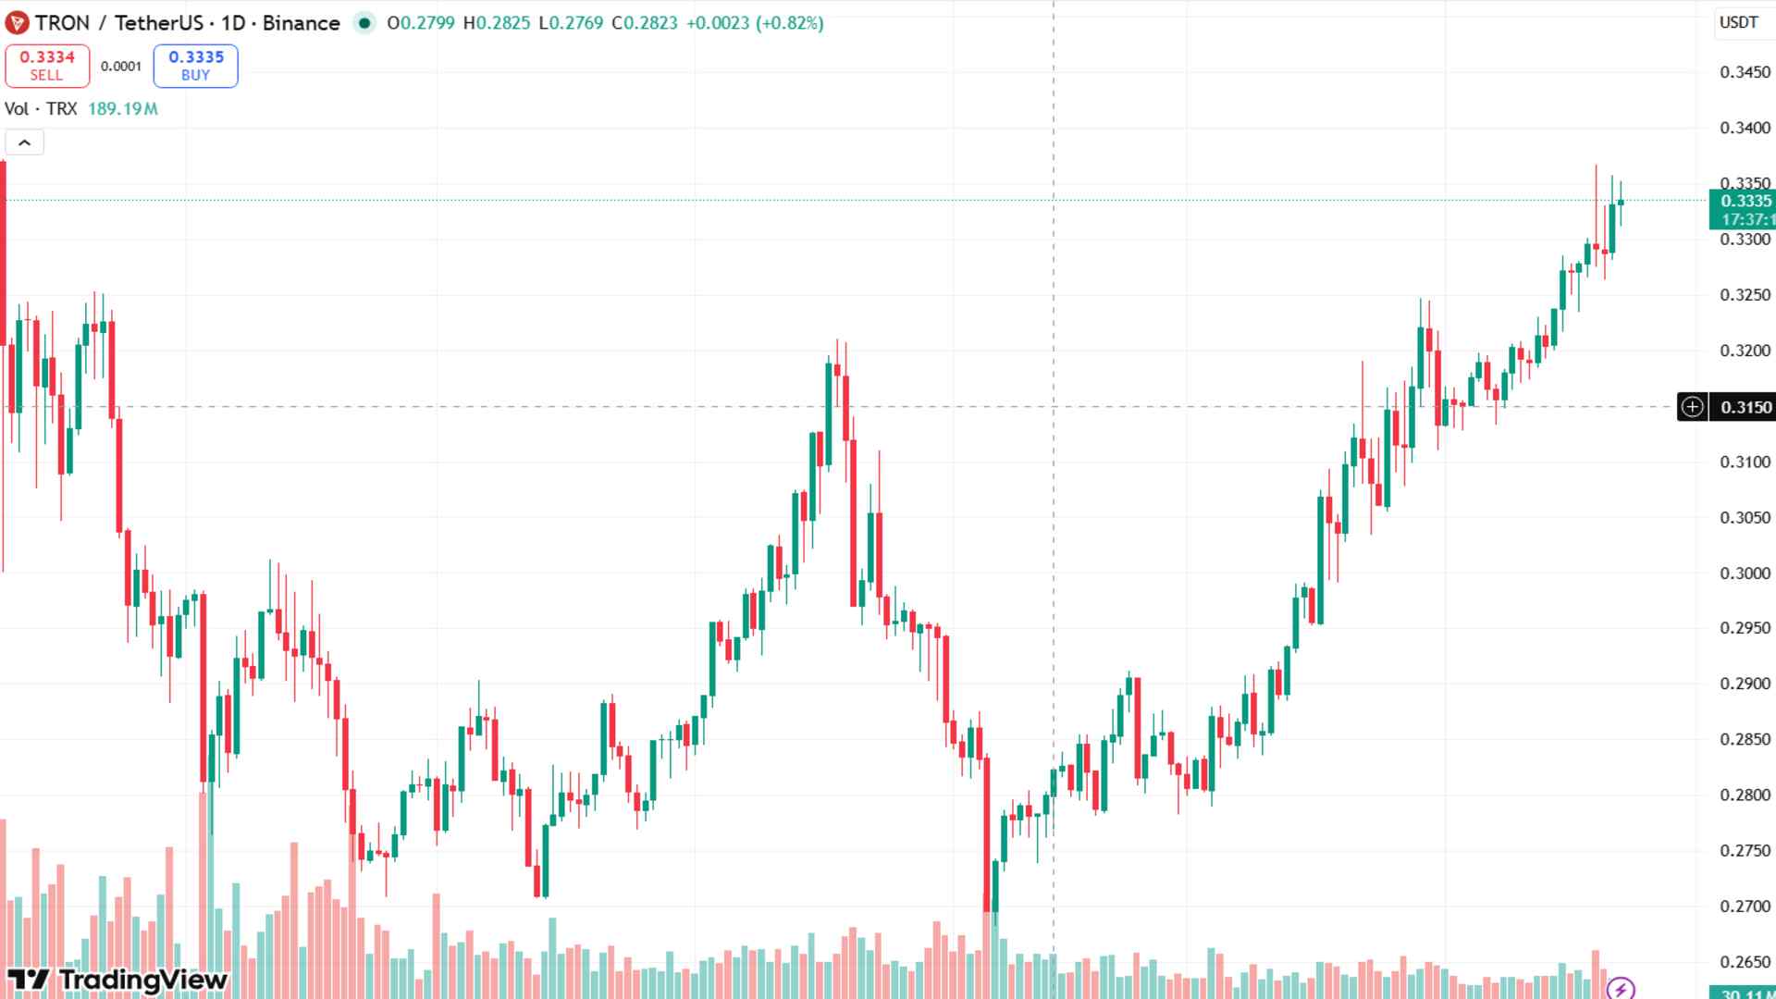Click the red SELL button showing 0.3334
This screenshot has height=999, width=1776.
[47, 66]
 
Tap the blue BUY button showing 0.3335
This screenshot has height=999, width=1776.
[196, 66]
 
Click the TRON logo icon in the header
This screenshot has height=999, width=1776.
[17, 23]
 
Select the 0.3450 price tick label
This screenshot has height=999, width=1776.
[1745, 72]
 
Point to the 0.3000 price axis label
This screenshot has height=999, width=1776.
[1745, 573]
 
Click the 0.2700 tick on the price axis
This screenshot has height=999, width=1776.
[1745, 906]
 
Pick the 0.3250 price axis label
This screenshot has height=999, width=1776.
[1745, 295]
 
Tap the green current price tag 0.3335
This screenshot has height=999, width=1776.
[1743, 210]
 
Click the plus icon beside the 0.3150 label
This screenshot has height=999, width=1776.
[1692, 407]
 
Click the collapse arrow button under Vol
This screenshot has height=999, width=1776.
[25, 142]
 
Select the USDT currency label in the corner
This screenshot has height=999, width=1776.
[1739, 22]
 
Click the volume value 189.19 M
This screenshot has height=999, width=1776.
[123, 109]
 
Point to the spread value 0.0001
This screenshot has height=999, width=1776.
[121, 67]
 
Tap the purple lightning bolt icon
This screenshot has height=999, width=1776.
[1621, 988]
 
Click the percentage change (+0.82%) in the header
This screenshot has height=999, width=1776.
[789, 23]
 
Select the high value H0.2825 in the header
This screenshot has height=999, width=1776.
[497, 23]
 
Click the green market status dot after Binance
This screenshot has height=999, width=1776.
[365, 23]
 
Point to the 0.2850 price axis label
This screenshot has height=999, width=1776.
[1745, 740]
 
